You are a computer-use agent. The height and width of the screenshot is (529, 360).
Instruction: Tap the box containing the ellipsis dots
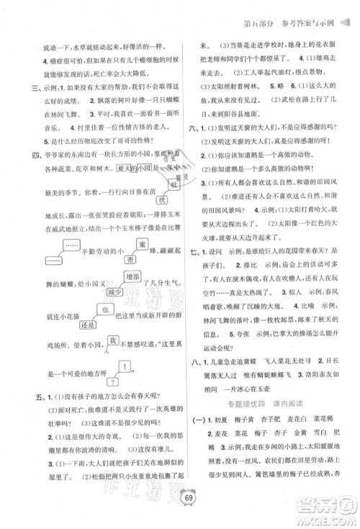(53, 248)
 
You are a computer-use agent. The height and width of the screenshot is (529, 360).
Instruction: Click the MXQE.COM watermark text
(328, 513)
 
